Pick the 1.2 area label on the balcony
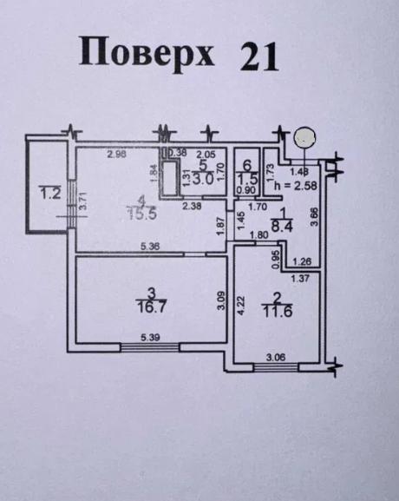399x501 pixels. [49, 194]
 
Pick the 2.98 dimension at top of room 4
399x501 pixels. [118, 155]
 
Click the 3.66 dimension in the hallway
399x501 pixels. [315, 214]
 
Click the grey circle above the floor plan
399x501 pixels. [304, 137]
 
